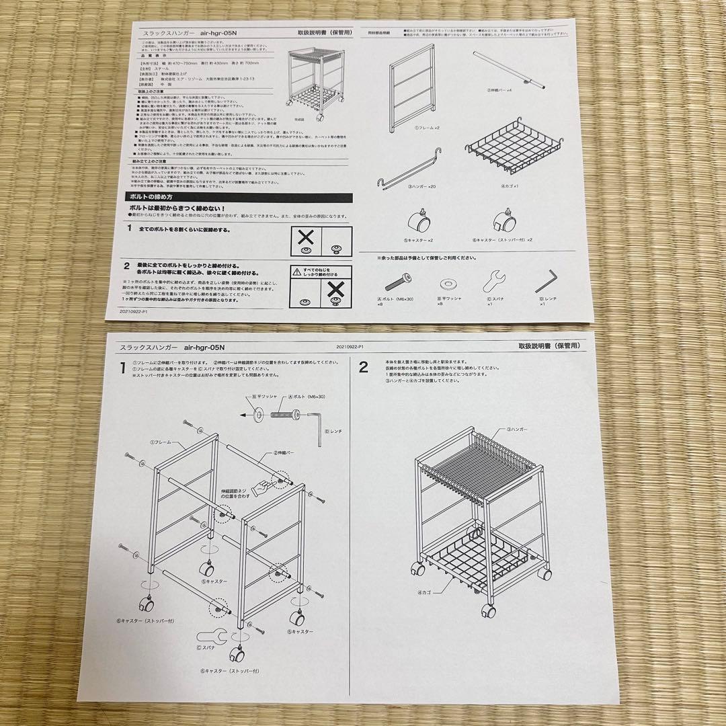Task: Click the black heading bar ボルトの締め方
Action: click(x=239, y=197)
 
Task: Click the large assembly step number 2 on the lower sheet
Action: click(x=364, y=368)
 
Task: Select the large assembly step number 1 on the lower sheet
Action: click(x=122, y=368)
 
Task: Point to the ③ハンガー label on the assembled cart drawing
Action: click(x=522, y=428)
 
